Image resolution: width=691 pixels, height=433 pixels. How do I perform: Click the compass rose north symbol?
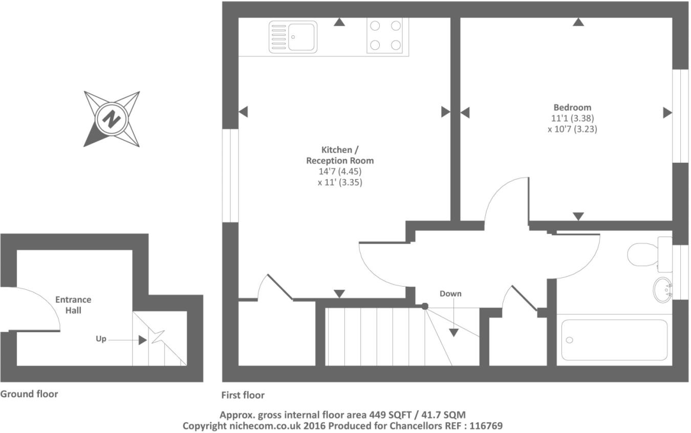click(111, 119)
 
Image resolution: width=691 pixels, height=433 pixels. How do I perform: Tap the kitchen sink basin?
click(301, 36)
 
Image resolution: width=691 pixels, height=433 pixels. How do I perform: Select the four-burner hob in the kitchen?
click(385, 35)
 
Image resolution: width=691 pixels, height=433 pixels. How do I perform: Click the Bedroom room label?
click(572, 107)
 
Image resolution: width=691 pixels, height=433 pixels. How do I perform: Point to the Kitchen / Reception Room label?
click(340, 155)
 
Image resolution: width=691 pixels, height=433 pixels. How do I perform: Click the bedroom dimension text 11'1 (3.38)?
click(572, 118)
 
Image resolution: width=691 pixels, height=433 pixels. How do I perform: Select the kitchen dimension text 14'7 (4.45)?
click(340, 171)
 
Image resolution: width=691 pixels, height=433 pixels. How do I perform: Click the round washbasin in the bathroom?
click(663, 290)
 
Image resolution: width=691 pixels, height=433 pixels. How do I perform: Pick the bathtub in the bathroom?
click(614, 340)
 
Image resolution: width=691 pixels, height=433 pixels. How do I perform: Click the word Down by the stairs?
click(450, 294)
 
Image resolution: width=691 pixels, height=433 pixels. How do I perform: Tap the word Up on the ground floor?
click(101, 339)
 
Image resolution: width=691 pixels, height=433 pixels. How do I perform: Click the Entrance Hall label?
click(73, 305)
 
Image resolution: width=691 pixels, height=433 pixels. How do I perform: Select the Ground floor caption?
click(29, 394)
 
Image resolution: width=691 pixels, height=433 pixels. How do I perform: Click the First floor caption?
click(243, 395)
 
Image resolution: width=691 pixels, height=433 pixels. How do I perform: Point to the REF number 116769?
click(486, 425)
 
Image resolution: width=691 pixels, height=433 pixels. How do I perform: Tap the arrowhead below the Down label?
click(454, 333)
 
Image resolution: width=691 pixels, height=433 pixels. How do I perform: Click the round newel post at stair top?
click(424, 307)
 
